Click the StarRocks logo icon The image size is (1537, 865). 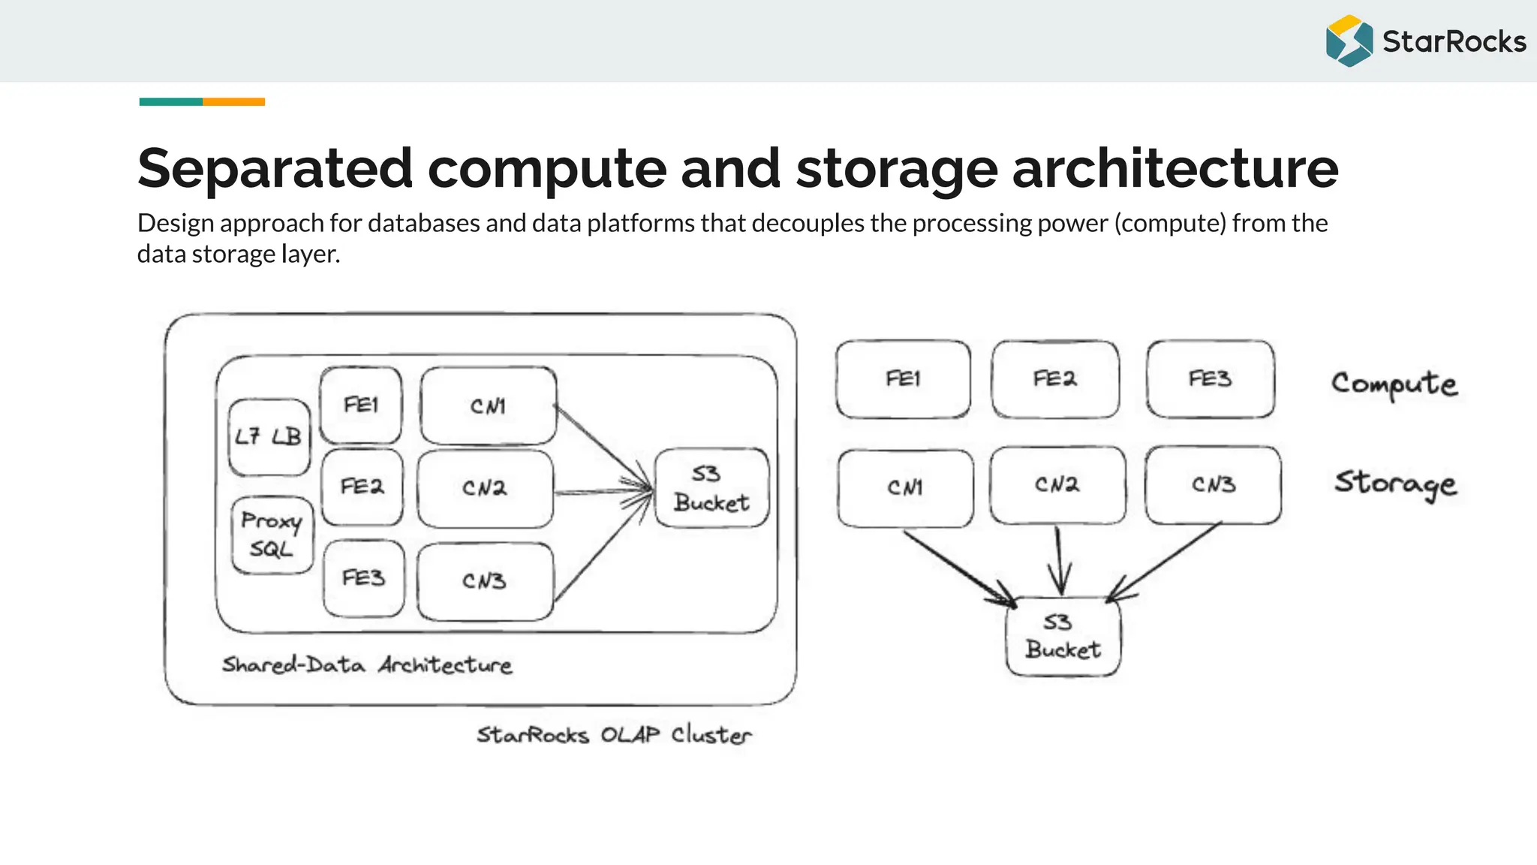1349,41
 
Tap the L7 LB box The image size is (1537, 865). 269,437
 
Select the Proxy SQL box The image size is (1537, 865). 272,535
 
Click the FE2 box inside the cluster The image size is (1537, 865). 362,487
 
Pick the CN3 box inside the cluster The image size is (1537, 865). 485,581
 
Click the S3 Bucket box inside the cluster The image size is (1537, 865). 711,488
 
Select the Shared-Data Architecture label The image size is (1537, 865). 367,665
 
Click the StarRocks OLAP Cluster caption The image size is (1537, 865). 613,734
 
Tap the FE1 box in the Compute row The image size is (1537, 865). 902,378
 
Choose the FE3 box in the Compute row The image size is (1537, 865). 1210,378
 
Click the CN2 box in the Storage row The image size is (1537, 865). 1057,485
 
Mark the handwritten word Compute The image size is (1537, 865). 1394,384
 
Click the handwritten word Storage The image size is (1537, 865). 1395,483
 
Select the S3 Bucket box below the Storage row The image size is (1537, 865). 1063,636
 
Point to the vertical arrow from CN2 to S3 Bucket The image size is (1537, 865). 1059,559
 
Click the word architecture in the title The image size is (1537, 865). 1175,168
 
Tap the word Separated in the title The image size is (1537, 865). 275,168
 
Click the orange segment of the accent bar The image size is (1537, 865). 233,101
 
